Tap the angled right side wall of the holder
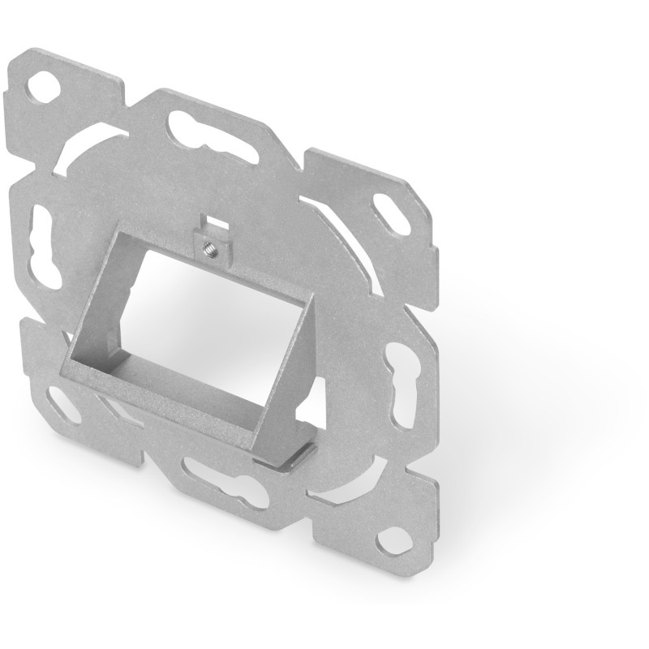(x=288, y=381)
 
